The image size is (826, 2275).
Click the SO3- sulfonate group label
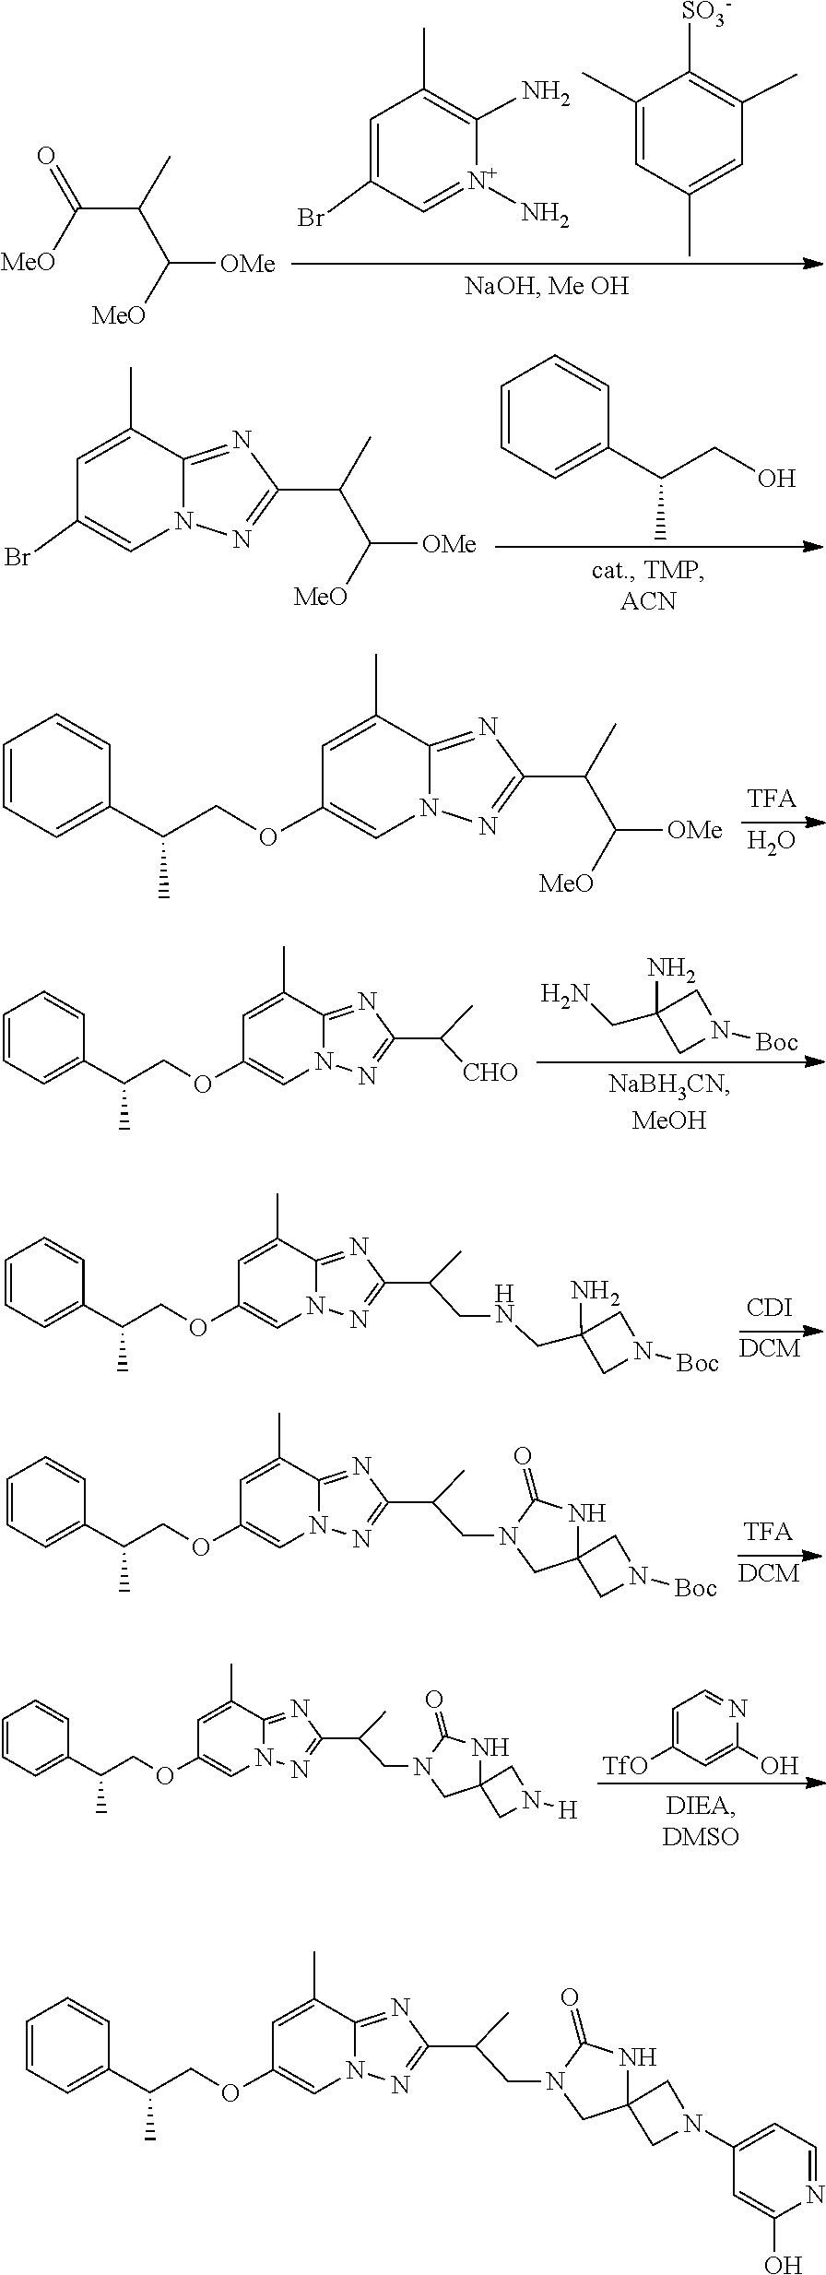click(701, 16)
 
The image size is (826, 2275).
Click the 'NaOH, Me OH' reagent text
click(547, 286)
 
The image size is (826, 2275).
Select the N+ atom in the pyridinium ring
click(483, 180)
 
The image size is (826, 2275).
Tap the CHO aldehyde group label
click(490, 1072)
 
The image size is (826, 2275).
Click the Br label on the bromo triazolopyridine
click(19, 558)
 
